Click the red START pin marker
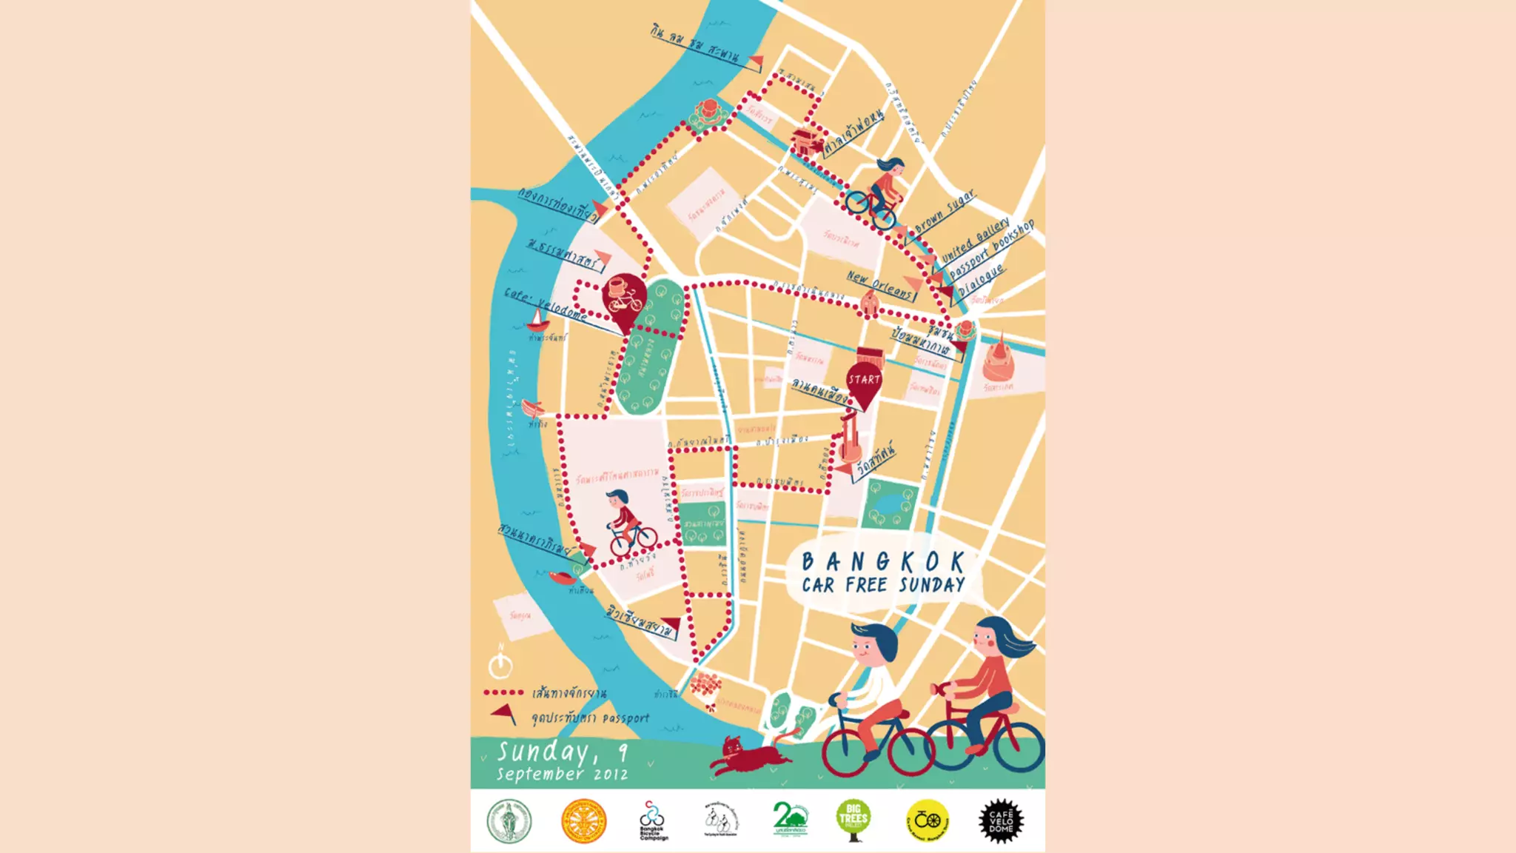pyautogui.click(x=864, y=384)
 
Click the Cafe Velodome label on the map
pyautogui.click(x=546, y=303)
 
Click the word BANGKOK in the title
pyautogui.click(x=883, y=562)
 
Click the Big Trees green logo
pyautogui.click(x=853, y=820)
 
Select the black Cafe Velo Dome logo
pyautogui.click(x=1001, y=820)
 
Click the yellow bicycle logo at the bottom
pyautogui.click(x=928, y=820)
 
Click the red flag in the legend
pyautogui.click(x=503, y=714)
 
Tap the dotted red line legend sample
pyautogui.click(x=504, y=693)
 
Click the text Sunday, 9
pyautogui.click(x=562, y=752)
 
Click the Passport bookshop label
pyautogui.click(x=991, y=250)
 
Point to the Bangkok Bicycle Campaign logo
pyautogui.click(x=652, y=820)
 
